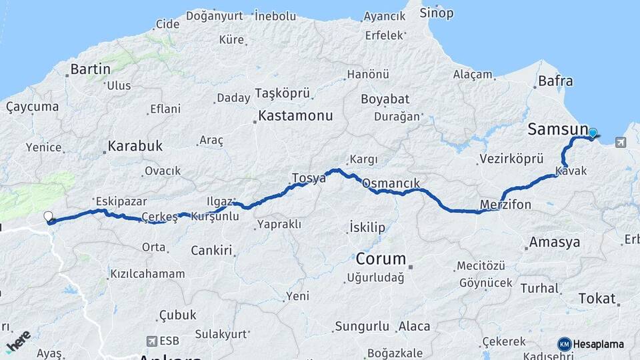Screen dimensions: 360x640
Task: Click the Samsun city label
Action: (557, 129)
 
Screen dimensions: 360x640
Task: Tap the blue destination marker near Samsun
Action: (592, 133)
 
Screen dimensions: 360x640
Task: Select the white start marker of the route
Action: (48, 216)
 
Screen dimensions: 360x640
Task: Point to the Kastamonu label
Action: (295, 115)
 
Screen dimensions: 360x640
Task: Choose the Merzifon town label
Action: (505, 205)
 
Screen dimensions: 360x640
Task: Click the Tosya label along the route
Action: (309, 178)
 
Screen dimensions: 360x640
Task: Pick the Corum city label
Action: (381, 258)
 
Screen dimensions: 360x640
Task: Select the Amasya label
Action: (554, 242)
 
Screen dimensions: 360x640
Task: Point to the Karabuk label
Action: (135, 145)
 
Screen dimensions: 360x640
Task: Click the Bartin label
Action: (90, 69)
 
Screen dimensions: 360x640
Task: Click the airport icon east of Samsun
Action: (621, 142)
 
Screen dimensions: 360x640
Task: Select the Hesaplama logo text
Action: (598, 344)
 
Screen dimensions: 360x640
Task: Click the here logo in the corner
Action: (18, 341)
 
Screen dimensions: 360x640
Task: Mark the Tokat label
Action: (597, 298)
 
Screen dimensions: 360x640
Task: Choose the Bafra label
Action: (555, 81)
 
